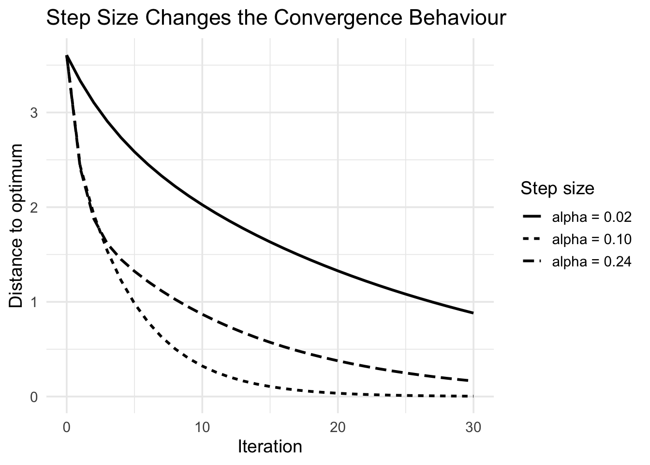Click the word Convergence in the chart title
pos(338,18)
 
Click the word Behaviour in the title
pos(458,18)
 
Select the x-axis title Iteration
pos(270,447)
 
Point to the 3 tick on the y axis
pos(34,113)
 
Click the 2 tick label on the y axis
pos(34,207)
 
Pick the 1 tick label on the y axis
pos(34,302)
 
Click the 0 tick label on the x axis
pos(67,428)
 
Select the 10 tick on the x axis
pos(202,428)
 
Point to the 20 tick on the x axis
pos(338,428)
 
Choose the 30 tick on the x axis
pos(473,428)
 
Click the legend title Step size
pos(557,188)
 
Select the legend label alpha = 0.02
pos(591,217)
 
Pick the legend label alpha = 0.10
pos(591,239)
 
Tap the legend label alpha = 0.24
pos(591,262)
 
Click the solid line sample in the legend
pos(532,217)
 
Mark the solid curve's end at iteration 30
pos(473,313)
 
